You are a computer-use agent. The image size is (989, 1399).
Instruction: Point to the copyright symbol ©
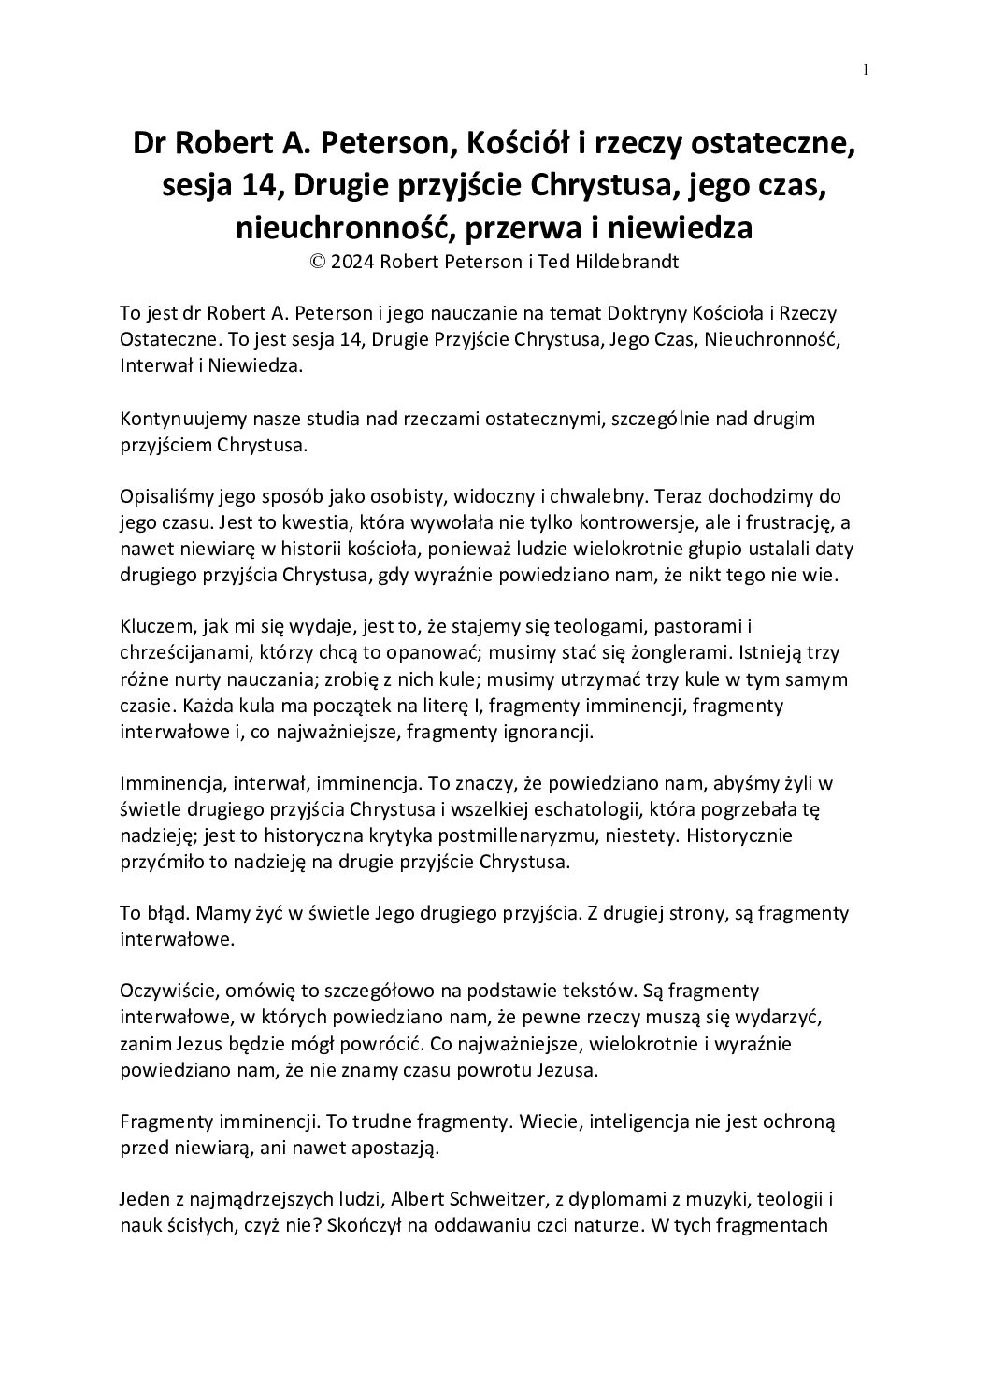317,263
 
